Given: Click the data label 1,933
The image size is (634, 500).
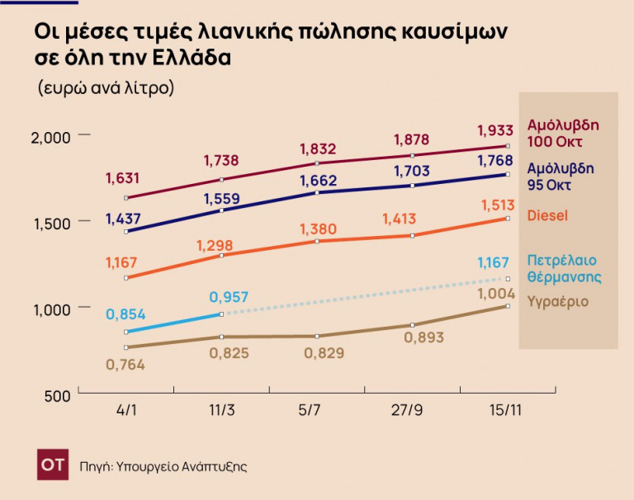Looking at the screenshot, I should pos(496,130).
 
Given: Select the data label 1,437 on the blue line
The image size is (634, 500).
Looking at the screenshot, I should pos(123,219).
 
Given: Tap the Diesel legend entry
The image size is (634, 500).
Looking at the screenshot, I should pos(547,215).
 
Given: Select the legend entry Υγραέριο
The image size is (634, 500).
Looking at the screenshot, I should pos(558,301).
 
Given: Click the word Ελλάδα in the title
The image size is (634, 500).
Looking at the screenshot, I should pos(192,59).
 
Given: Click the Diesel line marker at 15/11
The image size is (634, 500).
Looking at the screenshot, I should pos(508,219).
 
